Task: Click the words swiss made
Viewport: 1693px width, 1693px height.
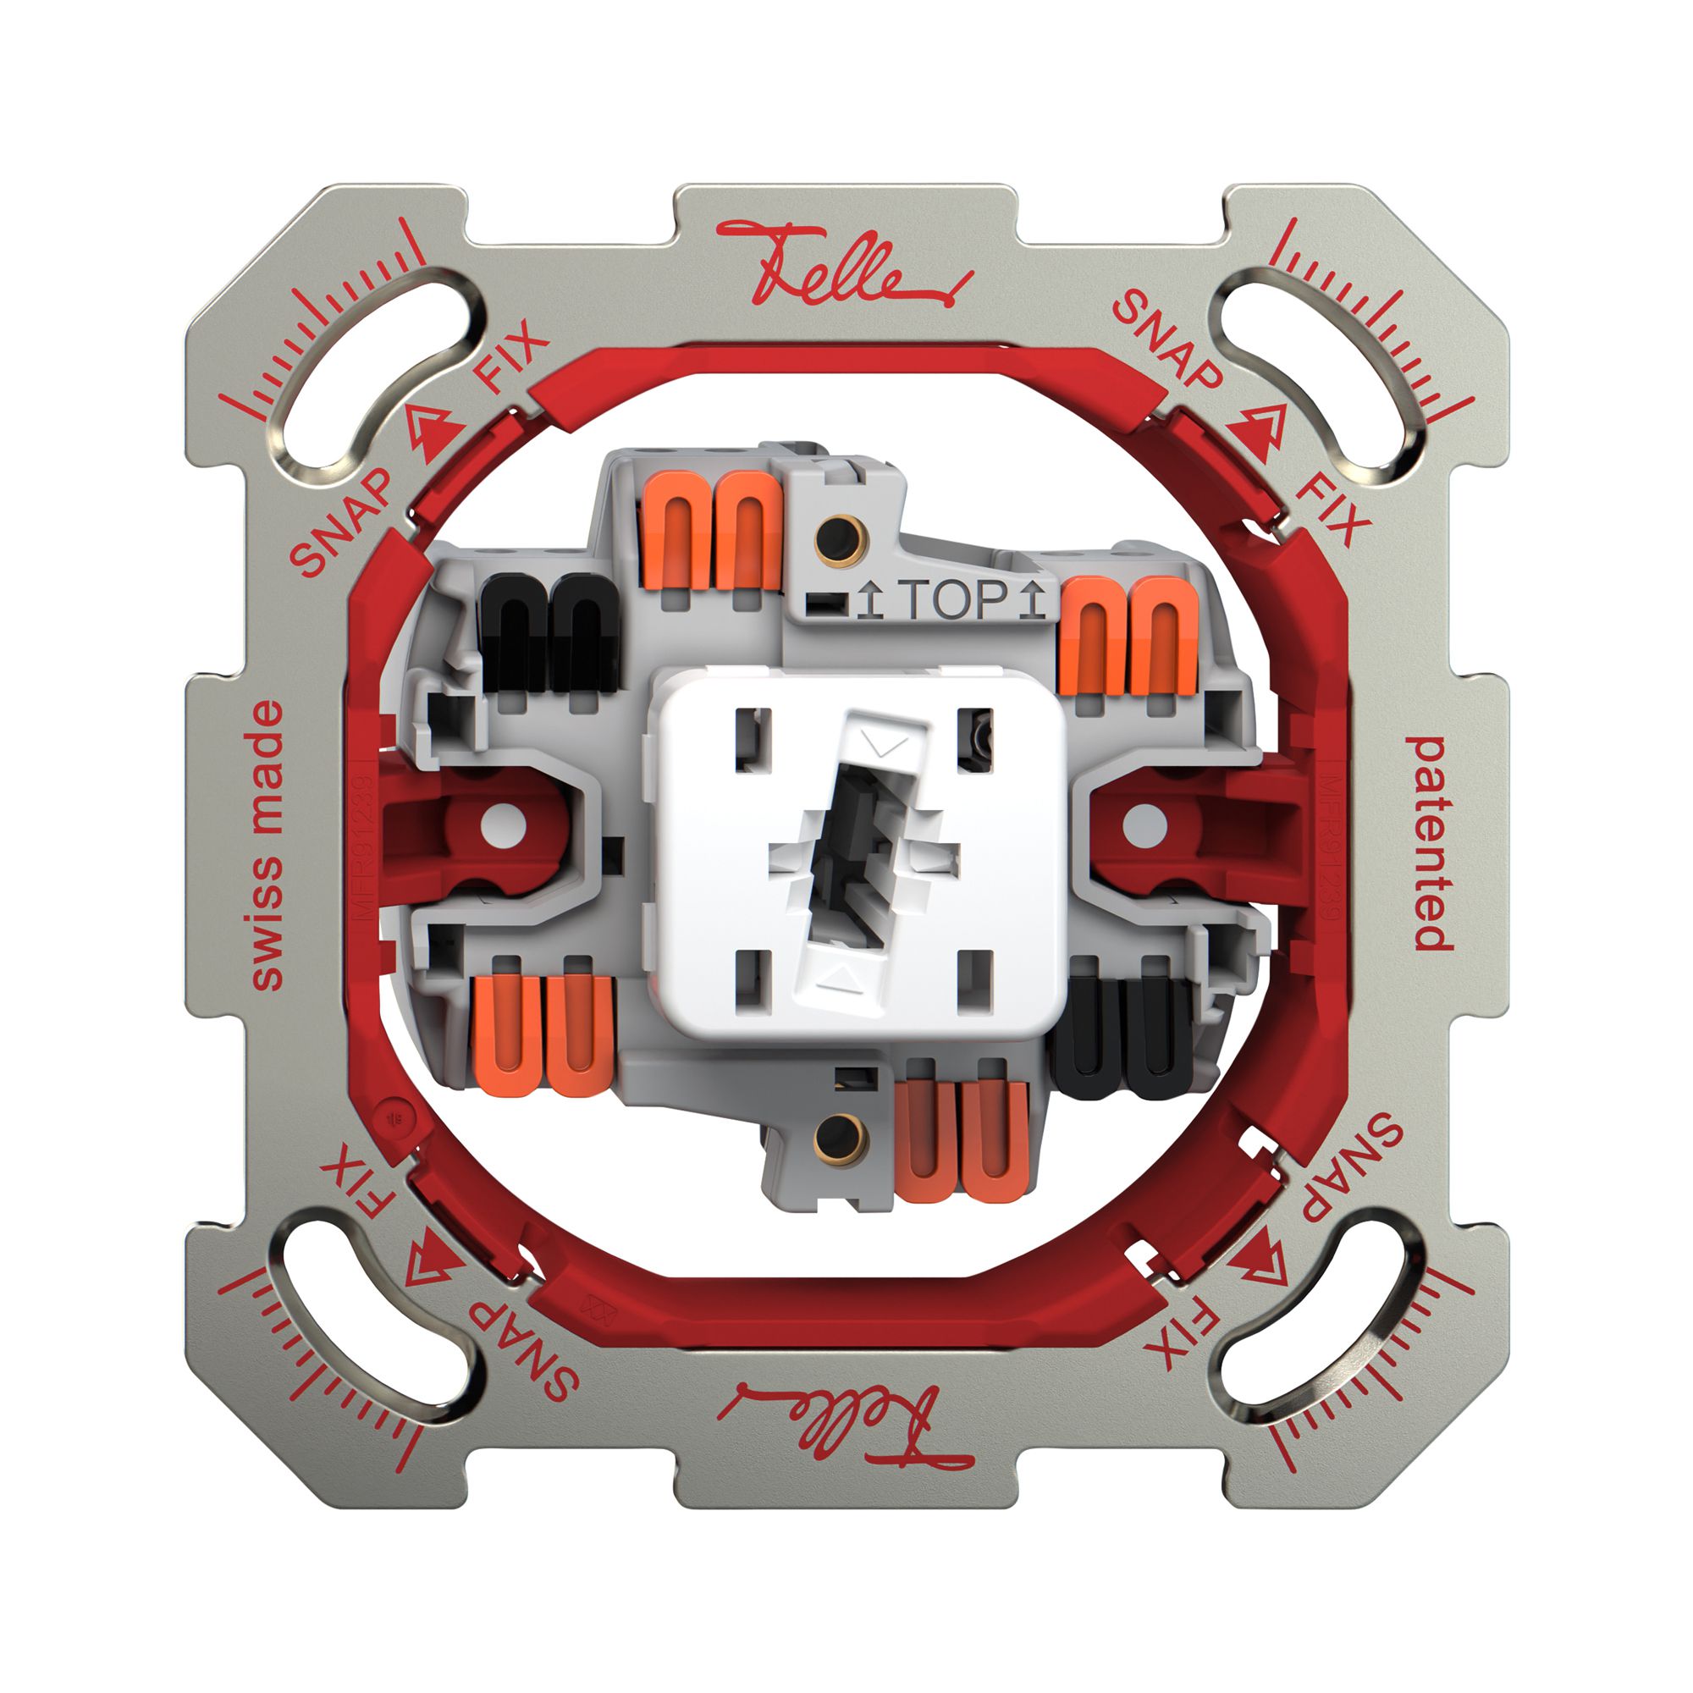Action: point(267,846)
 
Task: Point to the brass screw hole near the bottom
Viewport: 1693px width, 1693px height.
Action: point(839,1139)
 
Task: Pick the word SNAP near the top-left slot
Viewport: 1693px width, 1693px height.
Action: point(342,522)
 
